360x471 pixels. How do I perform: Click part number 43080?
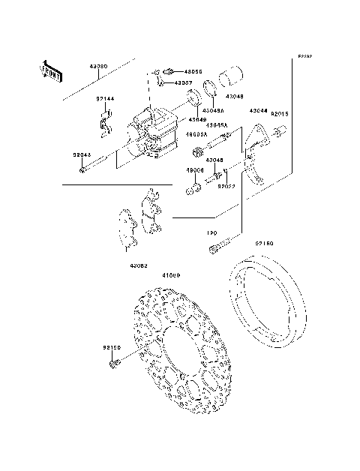pyautogui.click(x=97, y=67)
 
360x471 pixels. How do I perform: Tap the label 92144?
pyautogui.click(x=104, y=98)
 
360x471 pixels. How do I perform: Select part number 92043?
pyautogui.click(x=82, y=155)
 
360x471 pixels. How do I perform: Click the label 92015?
pyautogui.click(x=279, y=113)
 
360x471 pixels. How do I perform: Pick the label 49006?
pyautogui.click(x=195, y=171)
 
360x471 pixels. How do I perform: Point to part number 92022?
pyautogui.click(x=227, y=185)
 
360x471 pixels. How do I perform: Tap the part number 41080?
pyautogui.click(x=171, y=275)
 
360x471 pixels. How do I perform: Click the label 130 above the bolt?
pyautogui.click(x=211, y=232)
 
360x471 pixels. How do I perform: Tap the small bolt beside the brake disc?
pyautogui.click(x=114, y=364)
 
